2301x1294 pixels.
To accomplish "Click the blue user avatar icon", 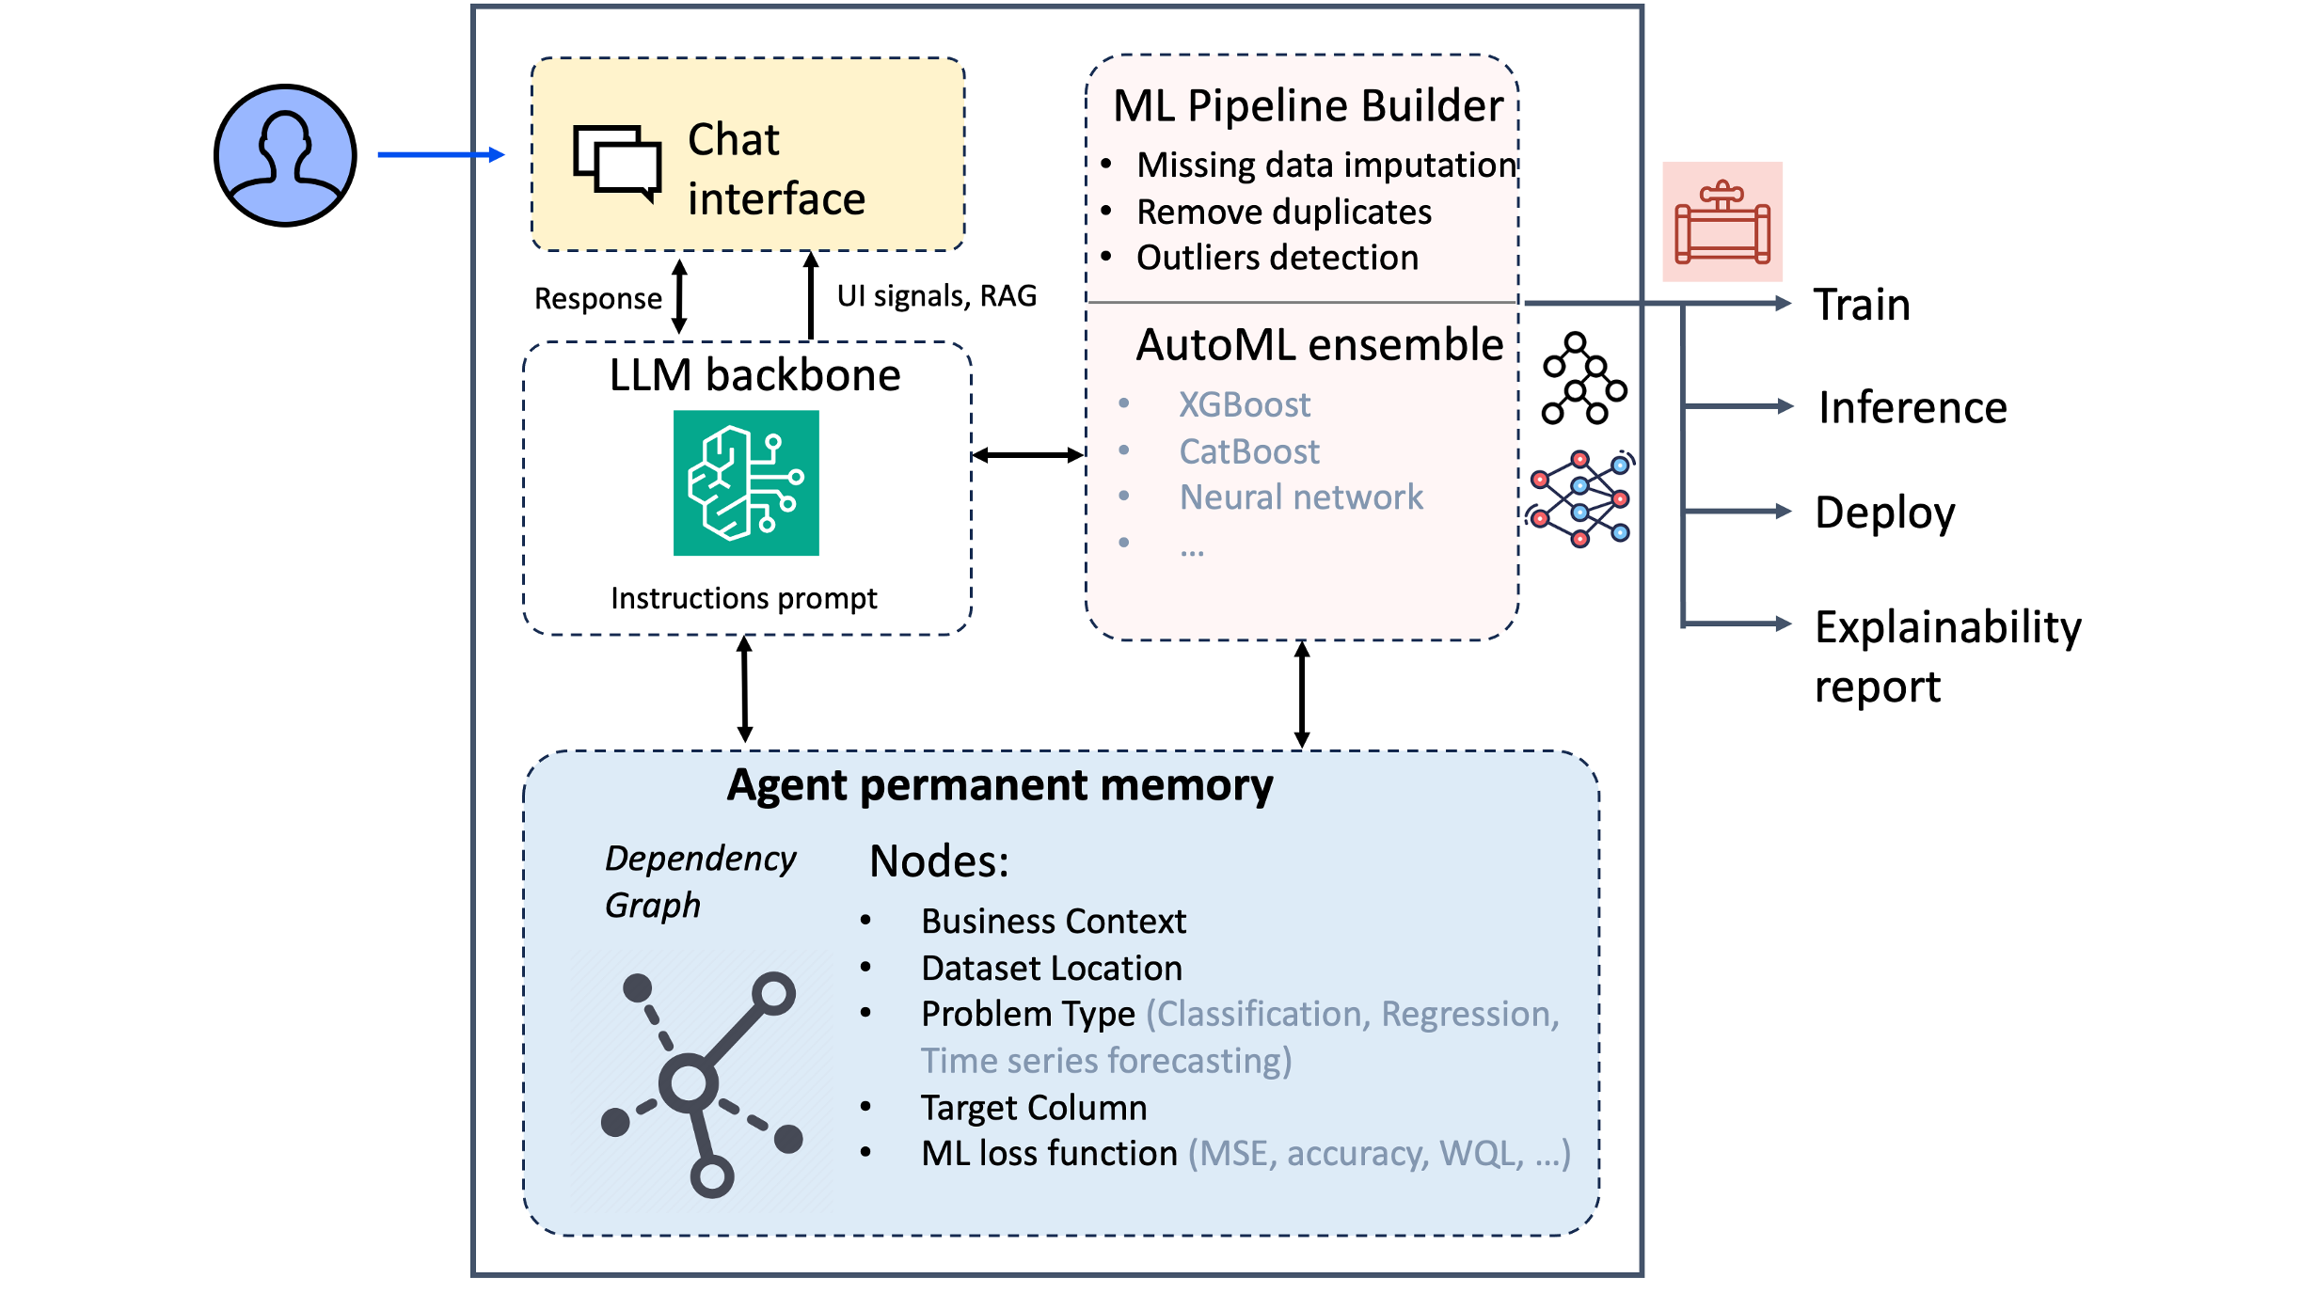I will coord(285,155).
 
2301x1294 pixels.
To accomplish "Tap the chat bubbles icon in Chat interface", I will coord(617,163).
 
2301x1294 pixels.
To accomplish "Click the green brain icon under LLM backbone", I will coord(746,482).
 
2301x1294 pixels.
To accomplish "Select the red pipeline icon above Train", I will coord(1722,222).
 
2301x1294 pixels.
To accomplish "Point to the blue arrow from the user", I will coord(440,155).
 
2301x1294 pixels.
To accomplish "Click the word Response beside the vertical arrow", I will coord(598,299).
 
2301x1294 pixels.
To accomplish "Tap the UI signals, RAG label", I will coord(937,296).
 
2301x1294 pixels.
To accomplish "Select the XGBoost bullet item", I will coord(1244,404).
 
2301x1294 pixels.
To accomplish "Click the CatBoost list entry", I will coord(1249,451).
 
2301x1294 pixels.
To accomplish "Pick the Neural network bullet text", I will coord(1301,497).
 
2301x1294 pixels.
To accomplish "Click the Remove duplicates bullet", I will coord(1284,213).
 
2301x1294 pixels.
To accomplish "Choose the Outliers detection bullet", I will coord(1277,258).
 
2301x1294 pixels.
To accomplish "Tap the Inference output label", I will coord(1912,407).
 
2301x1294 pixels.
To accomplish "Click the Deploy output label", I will coord(1885,513).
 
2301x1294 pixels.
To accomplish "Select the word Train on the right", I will coord(1862,305).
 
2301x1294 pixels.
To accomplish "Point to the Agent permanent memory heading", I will coord(999,785).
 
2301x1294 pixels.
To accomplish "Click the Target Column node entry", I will coord(1034,1108).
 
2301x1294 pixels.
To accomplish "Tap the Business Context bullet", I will coord(1054,922).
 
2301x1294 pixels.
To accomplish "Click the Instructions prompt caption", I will coord(743,598).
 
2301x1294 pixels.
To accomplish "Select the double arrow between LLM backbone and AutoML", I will coord(1027,456).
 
